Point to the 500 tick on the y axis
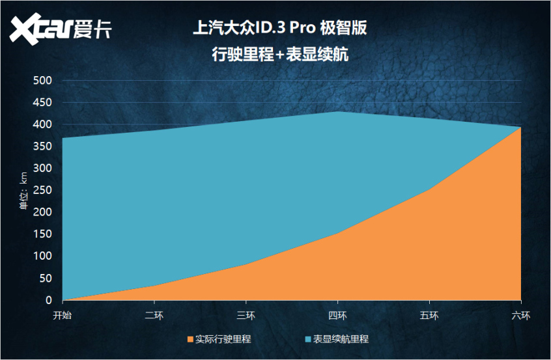click(42, 81)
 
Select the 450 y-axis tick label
click(42, 103)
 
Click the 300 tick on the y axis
click(42, 169)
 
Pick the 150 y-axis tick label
click(42, 234)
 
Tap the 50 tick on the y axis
click(45, 278)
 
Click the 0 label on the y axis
click(48, 300)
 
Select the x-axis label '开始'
click(63, 316)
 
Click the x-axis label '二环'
click(154, 316)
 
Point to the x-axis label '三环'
click(246, 316)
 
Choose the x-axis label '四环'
click(338, 316)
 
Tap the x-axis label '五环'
click(430, 316)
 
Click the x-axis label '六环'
click(521, 316)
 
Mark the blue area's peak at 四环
click(338, 111)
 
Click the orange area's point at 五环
click(430, 189)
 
